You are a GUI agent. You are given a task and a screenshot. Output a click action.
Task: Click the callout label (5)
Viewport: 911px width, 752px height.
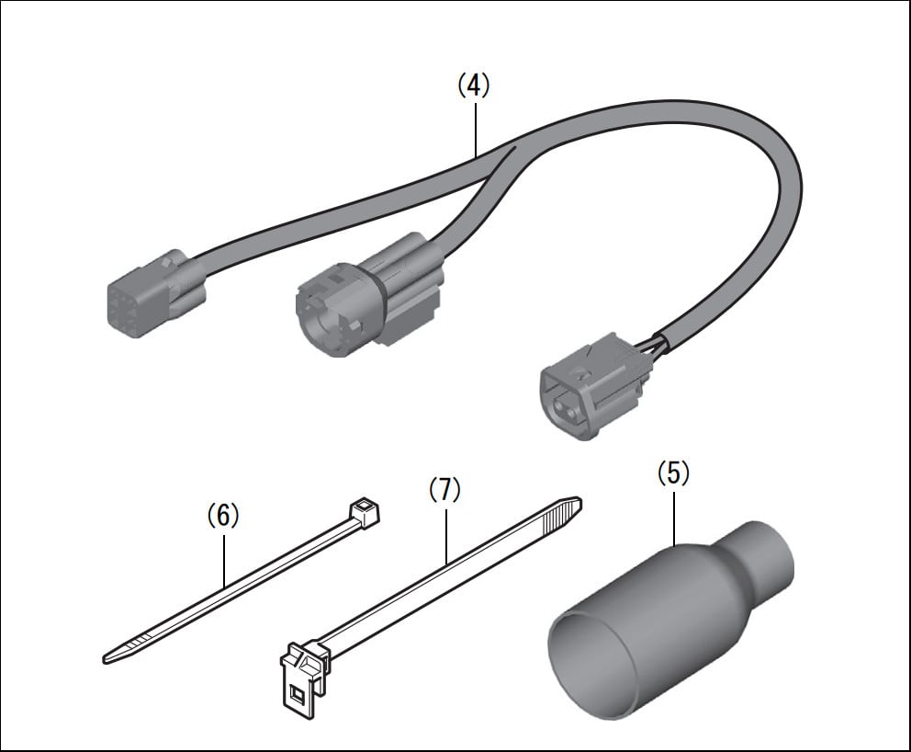click(673, 473)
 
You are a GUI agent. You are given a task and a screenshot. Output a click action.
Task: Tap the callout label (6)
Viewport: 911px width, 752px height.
click(223, 516)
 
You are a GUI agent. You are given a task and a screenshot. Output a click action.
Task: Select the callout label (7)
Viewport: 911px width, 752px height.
click(444, 490)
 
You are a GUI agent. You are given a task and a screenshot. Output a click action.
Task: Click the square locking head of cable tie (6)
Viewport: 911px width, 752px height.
click(364, 514)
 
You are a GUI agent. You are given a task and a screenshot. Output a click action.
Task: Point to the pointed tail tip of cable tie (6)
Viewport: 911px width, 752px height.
click(106, 659)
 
